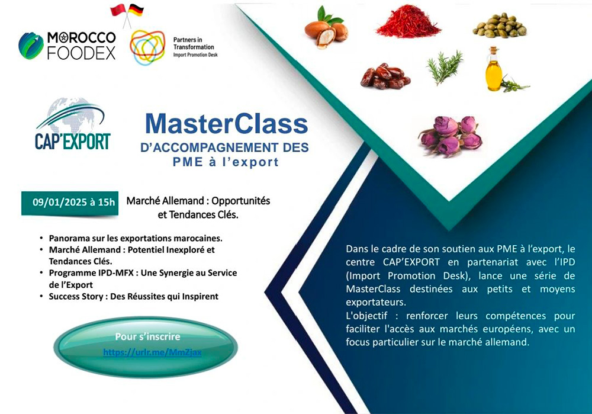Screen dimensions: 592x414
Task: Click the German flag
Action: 136,10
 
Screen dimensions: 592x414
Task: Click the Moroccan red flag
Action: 118,10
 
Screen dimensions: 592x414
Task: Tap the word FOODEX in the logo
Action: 81,53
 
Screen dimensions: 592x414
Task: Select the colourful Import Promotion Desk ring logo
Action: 147,47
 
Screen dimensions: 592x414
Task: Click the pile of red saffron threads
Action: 408,21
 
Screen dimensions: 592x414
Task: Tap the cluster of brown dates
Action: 385,76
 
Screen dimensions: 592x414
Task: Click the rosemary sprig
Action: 445,68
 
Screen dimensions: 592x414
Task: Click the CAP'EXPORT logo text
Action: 72,142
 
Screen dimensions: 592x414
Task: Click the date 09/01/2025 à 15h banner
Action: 70,203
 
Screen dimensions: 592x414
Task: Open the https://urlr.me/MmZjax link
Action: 152,352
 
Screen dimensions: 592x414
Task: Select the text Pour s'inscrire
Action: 147,336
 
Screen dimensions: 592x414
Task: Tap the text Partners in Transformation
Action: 194,43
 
